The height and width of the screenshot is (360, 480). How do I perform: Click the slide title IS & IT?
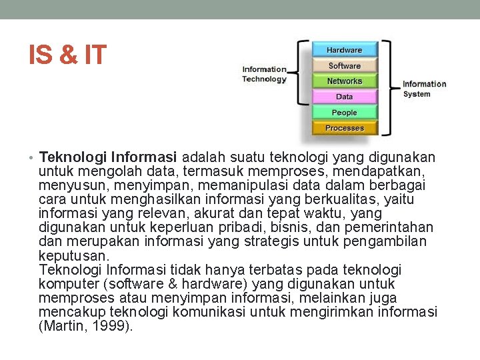tap(67, 55)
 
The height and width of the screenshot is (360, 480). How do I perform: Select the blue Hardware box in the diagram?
tap(345, 50)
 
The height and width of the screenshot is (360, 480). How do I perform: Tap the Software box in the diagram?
tap(345, 66)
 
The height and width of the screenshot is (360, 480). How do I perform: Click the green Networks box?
tap(345, 81)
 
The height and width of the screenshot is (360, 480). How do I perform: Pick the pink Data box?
tap(345, 97)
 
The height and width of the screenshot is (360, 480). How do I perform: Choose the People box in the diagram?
tap(345, 113)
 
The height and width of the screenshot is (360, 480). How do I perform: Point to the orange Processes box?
tap(345, 128)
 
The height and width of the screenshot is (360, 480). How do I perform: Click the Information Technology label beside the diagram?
tap(264, 74)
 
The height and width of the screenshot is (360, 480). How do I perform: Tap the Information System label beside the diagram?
tap(424, 89)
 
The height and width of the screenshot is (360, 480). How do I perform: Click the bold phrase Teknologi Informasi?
tap(108, 158)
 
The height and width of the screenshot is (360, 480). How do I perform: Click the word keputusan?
tap(74, 256)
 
